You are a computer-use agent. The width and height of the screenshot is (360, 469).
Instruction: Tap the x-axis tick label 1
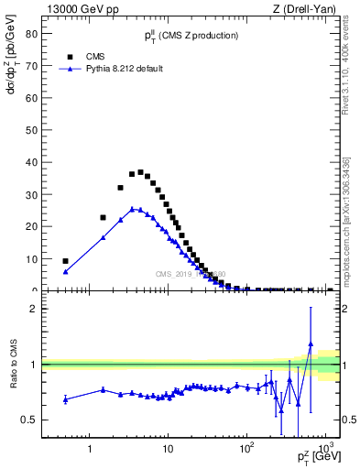click(x=90, y=449)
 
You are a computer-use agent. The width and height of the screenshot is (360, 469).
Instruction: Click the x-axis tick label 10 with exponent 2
click(x=246, y=448)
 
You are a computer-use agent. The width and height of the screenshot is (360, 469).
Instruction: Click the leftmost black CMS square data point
click(x=65, y=261)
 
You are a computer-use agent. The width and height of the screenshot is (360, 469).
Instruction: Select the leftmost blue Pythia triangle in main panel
click(x=65, y=271)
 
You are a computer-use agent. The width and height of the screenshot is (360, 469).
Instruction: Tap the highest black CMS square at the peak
click(x=140, y=172)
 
